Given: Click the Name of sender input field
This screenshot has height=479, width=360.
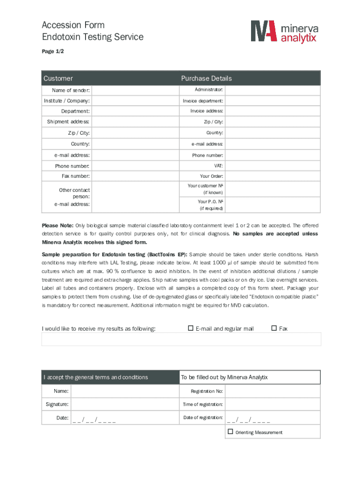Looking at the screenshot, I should pos(135,90).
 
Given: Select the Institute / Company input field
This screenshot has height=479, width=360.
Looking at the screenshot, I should pos(135,101).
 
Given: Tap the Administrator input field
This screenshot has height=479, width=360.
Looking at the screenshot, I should pos(273,89).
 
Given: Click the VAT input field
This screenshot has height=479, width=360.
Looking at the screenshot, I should pos(273,166).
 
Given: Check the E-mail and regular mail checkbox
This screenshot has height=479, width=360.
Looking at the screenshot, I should pos(191,328).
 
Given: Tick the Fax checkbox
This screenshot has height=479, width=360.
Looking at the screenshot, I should pos(274,328).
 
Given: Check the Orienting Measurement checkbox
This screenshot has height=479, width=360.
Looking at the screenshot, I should pos(230,432).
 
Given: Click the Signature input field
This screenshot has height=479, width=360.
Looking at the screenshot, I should pos(124,404).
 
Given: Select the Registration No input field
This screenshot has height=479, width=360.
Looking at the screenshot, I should pos(273,391).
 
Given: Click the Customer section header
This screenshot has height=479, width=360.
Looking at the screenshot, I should pos(58,78).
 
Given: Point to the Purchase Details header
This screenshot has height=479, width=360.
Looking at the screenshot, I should pos(206,78).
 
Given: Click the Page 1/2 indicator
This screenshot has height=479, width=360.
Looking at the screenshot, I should pos(53,51).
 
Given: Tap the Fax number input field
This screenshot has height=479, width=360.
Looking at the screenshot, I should pos(135,176).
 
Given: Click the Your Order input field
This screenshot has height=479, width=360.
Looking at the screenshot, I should pos(273,176).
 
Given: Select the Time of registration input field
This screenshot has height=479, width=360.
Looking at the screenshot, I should pos(273,404).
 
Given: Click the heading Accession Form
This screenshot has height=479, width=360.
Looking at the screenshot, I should pos(73,25).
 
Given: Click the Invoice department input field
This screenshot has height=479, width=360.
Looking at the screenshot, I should pos(273,101).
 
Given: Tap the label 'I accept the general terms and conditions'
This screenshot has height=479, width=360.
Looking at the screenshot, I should pos(96,377).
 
